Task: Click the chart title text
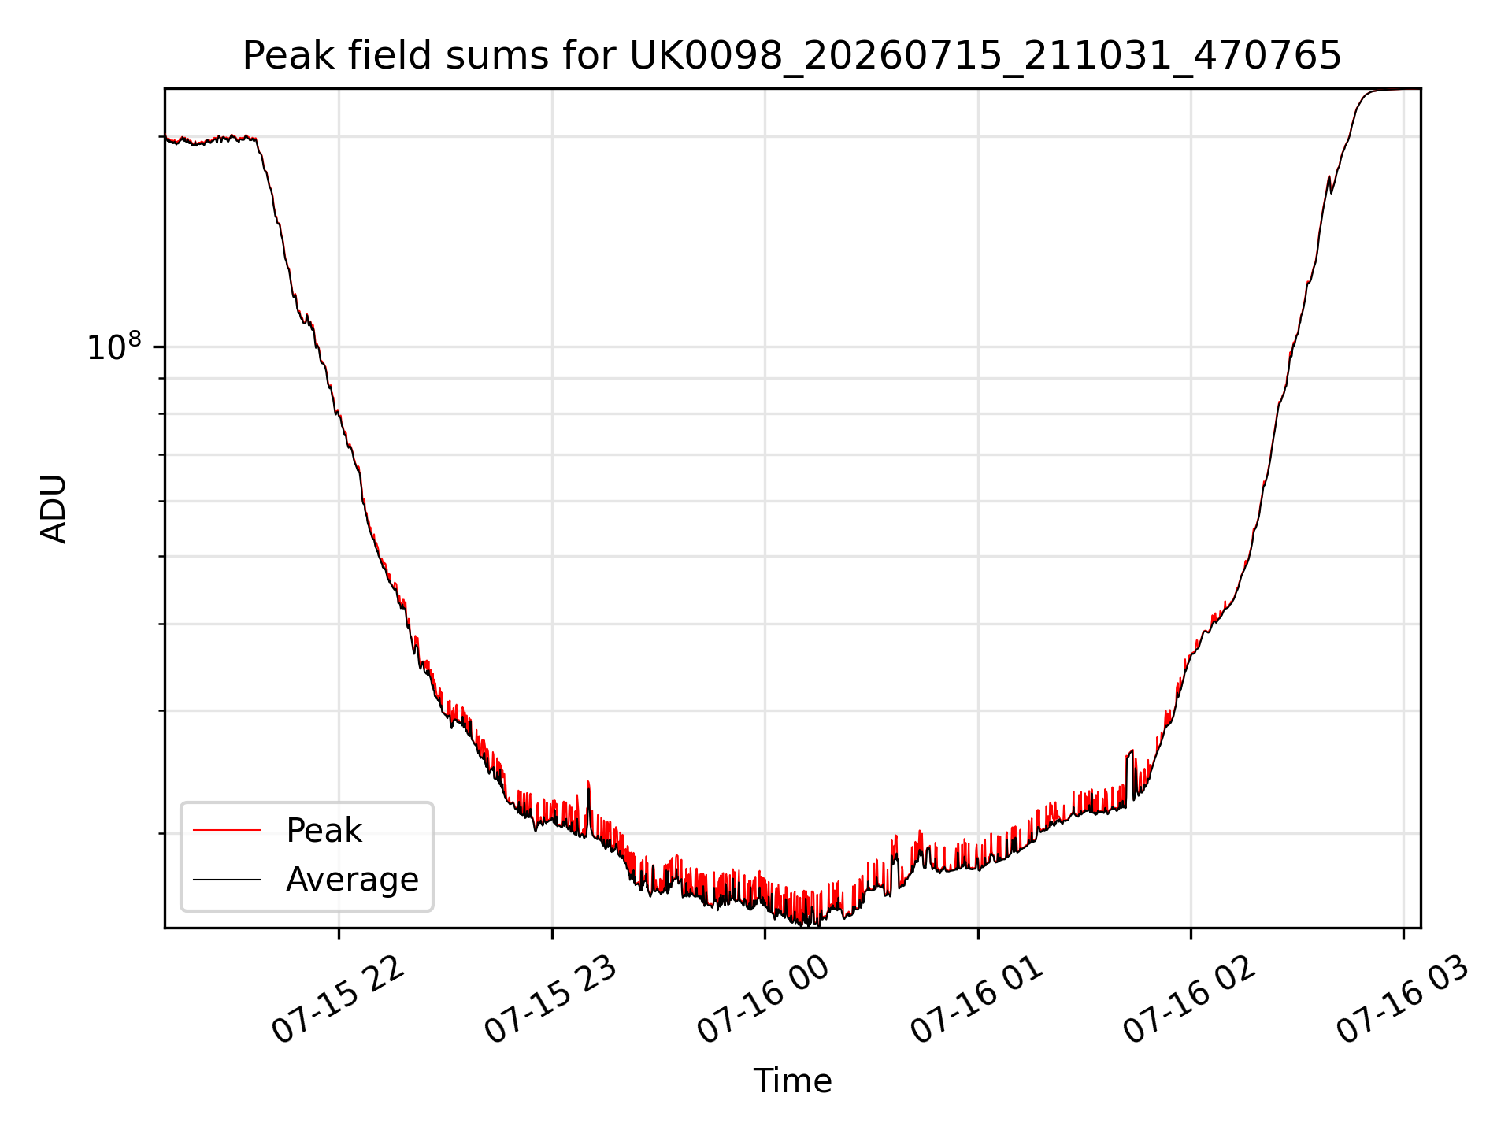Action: (x=791, y=56)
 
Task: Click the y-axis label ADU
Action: (x=54, y=509)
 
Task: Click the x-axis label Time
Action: (x=792, y=1081)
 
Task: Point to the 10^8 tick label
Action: (x=114, y=346)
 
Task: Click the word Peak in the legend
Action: (x=324, y=831)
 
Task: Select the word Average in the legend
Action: (x=352, y=880)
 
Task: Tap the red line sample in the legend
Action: (x=227, y=830)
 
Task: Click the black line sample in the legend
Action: (x=227, y=879)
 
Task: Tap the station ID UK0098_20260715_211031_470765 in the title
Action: (x=985, y=57)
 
